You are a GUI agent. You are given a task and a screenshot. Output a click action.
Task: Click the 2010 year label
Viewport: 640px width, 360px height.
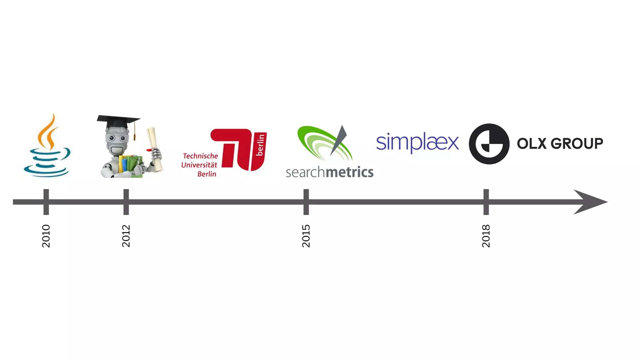pos(46,236)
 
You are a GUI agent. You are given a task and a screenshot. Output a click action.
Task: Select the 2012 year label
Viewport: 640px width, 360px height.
pos(126,236)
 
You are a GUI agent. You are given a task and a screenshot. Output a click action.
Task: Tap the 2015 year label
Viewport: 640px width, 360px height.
pos(306,236)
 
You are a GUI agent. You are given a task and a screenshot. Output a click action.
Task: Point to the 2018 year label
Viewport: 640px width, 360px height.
pos(486,236)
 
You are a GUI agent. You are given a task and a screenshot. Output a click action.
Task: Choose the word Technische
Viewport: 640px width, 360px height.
pos(200,156)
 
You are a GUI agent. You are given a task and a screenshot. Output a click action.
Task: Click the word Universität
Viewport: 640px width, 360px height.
pos(199,165)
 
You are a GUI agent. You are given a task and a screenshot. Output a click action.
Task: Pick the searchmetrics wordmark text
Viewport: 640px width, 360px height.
pos(329,172)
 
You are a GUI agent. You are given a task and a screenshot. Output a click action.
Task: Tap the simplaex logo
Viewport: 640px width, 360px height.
pos(417,142)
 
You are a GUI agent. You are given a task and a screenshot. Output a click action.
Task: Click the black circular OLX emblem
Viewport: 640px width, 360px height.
pos(489,144)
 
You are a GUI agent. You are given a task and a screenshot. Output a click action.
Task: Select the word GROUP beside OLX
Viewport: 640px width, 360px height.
pos(577,144)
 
